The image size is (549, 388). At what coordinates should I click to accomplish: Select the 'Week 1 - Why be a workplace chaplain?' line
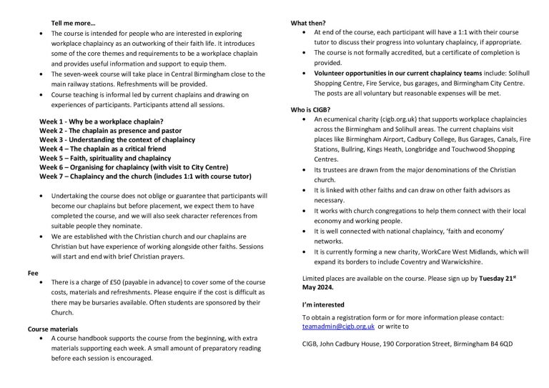pos(101,121)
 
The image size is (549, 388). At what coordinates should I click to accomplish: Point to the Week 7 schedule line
pos(145,175)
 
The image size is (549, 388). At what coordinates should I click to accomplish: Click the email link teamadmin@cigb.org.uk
pos(338,326)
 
